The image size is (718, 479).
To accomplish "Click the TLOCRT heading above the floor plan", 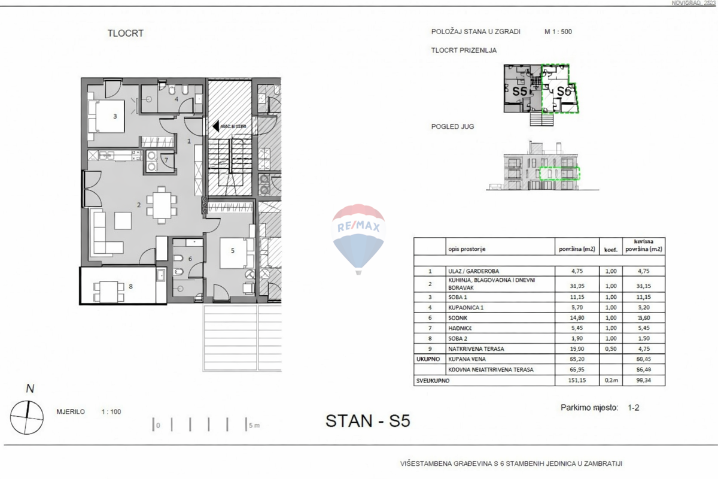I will coord(125,34).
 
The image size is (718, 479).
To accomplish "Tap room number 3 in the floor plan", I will coord(115,116).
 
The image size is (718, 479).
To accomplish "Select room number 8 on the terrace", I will coord(130,286).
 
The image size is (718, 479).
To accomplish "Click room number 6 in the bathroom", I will coord(190,259).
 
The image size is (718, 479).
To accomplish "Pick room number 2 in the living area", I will coord(139,205).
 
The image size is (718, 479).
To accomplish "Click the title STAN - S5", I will coord(367,421).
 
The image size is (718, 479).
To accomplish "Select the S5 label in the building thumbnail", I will coord(519,92).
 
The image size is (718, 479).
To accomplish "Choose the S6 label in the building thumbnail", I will coord(563,92).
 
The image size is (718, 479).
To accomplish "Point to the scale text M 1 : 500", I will coord(558,32).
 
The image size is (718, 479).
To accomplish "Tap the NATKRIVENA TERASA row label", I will coord(475,348).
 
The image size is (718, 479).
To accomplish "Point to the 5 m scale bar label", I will coord(254,426).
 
